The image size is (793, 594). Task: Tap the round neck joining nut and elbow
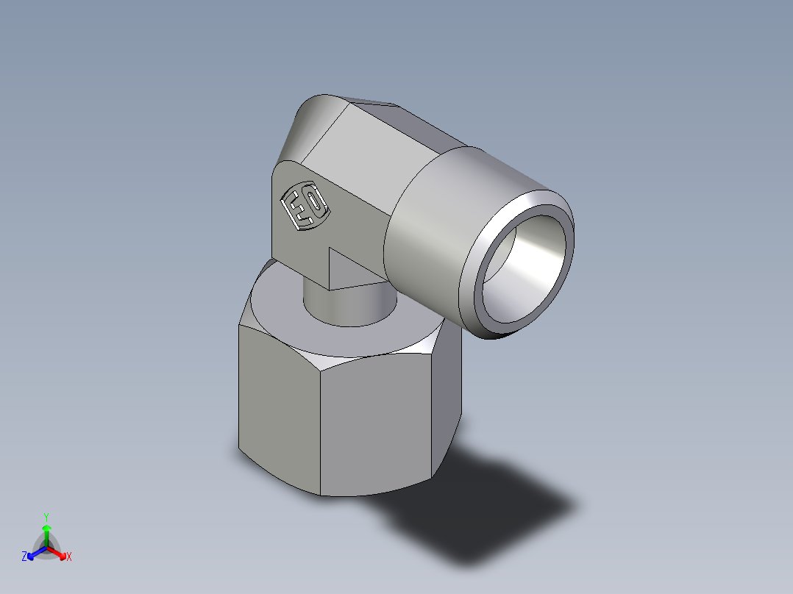(x=346, y=305)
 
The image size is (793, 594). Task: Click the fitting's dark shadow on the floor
(x=500, y=515)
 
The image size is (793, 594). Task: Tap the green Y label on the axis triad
(x=46, y=516)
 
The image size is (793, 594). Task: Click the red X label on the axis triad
(x=69, y=557)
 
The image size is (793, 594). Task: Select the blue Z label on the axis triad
(x=24, y=557)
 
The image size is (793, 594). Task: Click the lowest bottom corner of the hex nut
(x=321, y=494)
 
